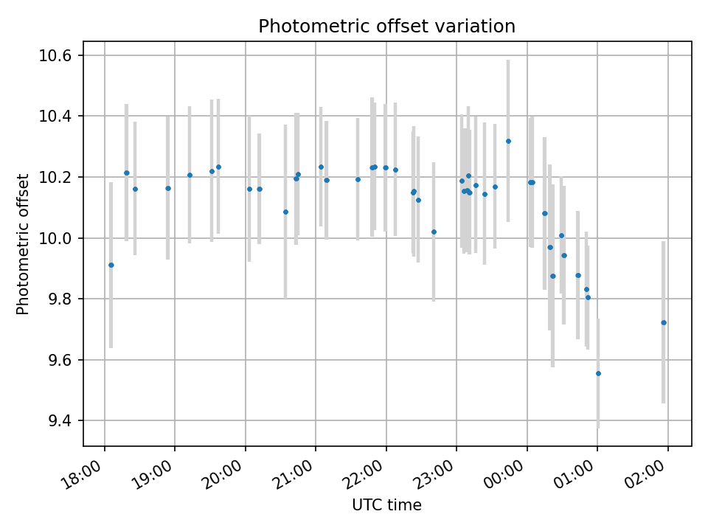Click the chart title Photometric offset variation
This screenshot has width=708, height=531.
(386, 27)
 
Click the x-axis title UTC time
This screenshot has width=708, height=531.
(386, 505)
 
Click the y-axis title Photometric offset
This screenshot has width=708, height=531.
(23, 244)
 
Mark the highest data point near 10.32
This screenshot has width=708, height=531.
(508, 141)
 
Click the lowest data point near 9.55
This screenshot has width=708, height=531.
(598, 373)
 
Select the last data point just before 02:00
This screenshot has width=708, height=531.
(664, 322)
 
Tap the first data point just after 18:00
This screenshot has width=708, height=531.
(111, 265)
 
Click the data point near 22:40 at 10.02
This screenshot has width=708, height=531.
(434, 232)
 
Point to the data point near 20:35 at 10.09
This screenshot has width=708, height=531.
(285, 212)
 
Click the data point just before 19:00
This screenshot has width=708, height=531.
(168, 188)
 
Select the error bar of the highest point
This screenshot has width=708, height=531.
(508, 88)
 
